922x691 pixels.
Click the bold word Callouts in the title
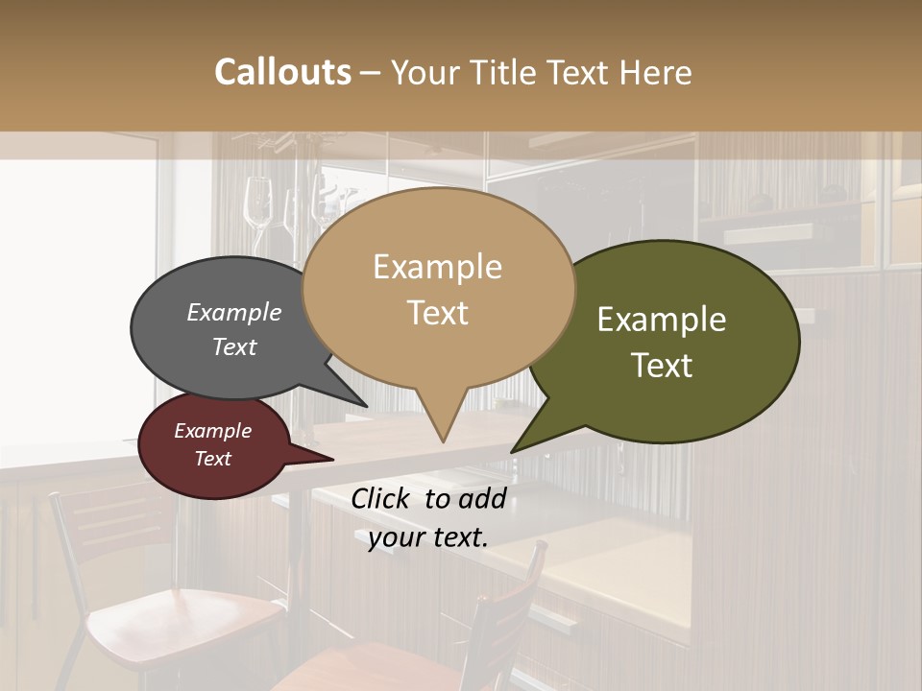coord(282,72)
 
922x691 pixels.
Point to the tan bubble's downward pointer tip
coord(443,441)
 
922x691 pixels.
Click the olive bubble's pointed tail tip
coord(513,451)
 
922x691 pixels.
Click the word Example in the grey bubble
coord(234,313)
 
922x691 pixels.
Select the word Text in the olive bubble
coord(663,366)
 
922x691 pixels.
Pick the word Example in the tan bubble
coord(437,267)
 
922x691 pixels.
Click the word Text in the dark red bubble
coord(213,459)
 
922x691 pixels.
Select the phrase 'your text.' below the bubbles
coord(428,537)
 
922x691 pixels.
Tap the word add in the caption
coord(482,498)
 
